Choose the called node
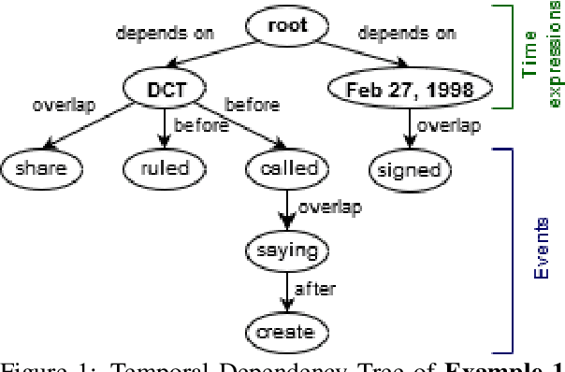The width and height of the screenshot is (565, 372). [x=287, y=169]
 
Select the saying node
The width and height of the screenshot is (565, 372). [x=287, y=250]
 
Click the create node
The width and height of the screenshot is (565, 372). [x=287, y=331]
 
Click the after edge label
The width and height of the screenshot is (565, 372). [x=314, y=290]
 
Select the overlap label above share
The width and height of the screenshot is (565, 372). [x=63, y=106]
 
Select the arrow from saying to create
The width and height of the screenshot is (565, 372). [x=287, y=291]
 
